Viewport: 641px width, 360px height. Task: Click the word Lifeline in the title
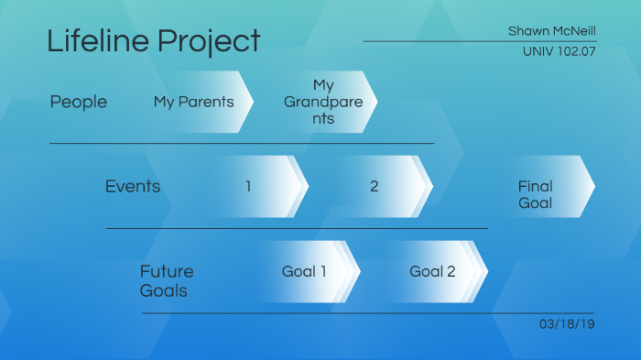pos(98,41)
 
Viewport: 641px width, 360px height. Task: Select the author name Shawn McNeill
pos(551,31)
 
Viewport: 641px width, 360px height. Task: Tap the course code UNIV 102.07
pos(559,52)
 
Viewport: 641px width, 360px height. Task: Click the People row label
pos(78,102)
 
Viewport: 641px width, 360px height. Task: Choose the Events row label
pos(133,187)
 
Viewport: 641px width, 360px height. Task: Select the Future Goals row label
pos(166,281)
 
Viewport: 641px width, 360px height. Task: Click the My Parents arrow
pos(194,102)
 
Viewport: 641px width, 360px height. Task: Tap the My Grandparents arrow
pos(324,102)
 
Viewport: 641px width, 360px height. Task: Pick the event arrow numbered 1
pos(248,187)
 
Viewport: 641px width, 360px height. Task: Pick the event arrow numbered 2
pos(374,187)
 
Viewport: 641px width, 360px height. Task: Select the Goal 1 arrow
pos(304,271)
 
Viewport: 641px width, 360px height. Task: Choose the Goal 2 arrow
pos(432,271)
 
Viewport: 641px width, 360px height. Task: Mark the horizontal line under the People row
pos(241,144)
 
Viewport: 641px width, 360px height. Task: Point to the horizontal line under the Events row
pos(297,228)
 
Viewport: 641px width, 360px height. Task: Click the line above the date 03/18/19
pos(367,313)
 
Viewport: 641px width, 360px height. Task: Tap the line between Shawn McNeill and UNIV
pos(479,41)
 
